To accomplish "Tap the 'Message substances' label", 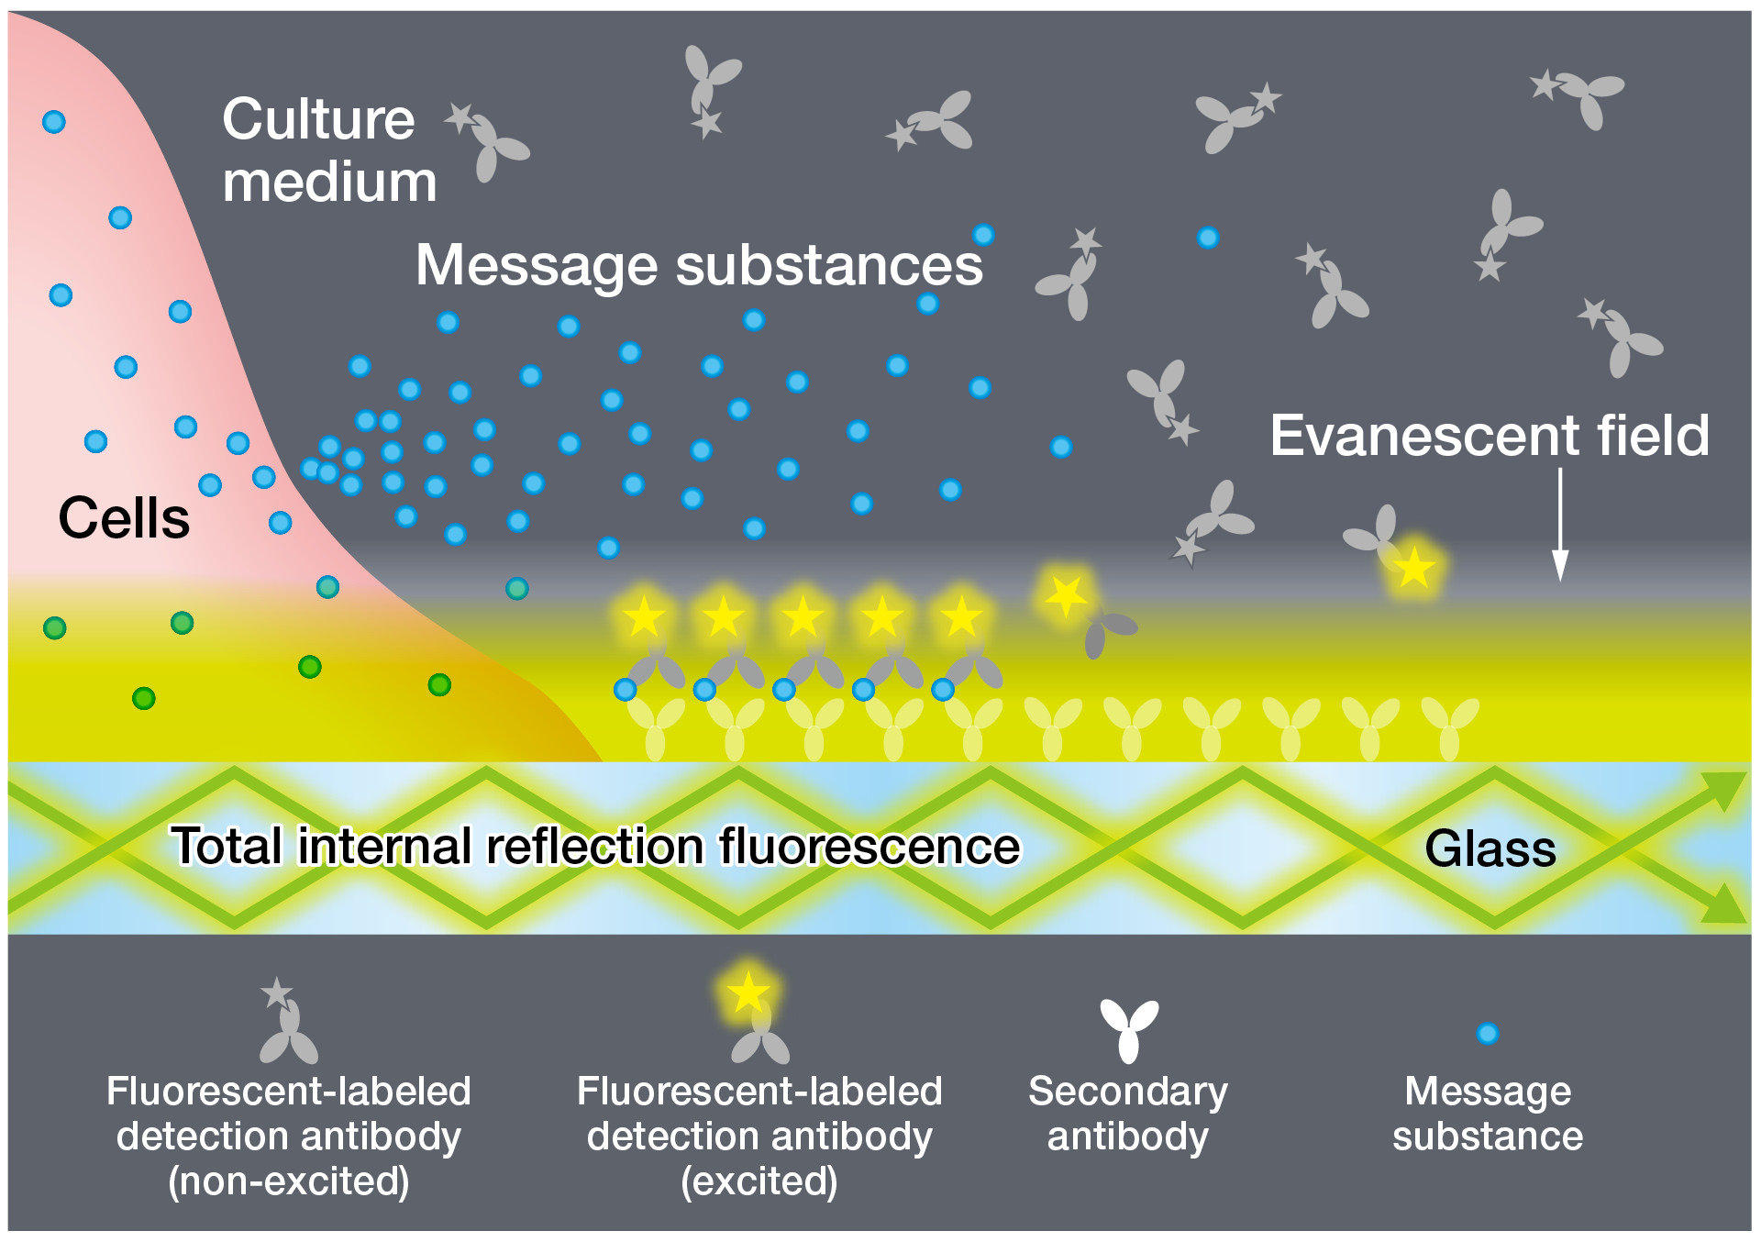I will coord(699,265).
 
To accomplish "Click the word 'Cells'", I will coord(124,517).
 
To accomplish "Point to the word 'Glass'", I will coord(1490,848).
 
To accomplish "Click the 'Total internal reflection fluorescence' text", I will coord(595,845).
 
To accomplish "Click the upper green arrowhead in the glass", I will coord(1723,788).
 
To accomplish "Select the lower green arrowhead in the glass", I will coord(1723,905).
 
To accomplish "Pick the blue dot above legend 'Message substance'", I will coord(1487,1034).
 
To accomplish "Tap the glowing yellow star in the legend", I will coord(748,992).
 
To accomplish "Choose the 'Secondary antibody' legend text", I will coord(1128,1113).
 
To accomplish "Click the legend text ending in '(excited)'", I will coord(759,1136).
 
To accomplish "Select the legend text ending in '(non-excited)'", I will coord(288,1136).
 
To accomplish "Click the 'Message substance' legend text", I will coord(1487,1113).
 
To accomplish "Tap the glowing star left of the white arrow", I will coord(1414,568).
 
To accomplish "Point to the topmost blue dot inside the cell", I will coord(54,122).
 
